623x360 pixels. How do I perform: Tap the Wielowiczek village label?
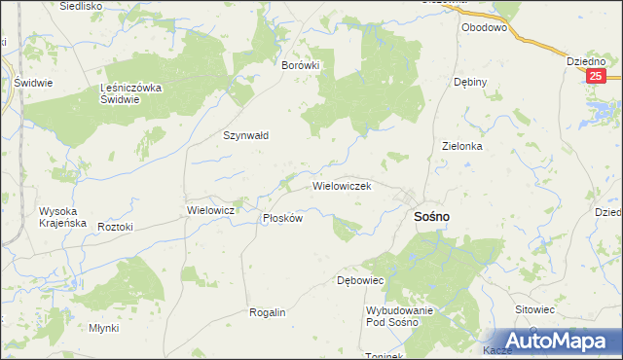coord(341,185)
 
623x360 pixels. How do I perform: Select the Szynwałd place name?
coord(246,136)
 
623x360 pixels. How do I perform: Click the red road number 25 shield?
coord(597,75)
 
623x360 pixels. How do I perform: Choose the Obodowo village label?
coord(485,28)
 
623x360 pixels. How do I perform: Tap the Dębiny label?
coord(469,83)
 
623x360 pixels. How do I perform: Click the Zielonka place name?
coord(462,146)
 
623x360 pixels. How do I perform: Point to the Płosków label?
coord(283,219)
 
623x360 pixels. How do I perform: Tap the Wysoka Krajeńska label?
coord(62,217)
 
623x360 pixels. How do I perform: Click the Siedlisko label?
coord(82,6)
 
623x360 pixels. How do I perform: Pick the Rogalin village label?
coord(267,312)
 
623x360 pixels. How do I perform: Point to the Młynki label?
coord(103,328)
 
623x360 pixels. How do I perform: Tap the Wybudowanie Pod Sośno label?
coord(399,315)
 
